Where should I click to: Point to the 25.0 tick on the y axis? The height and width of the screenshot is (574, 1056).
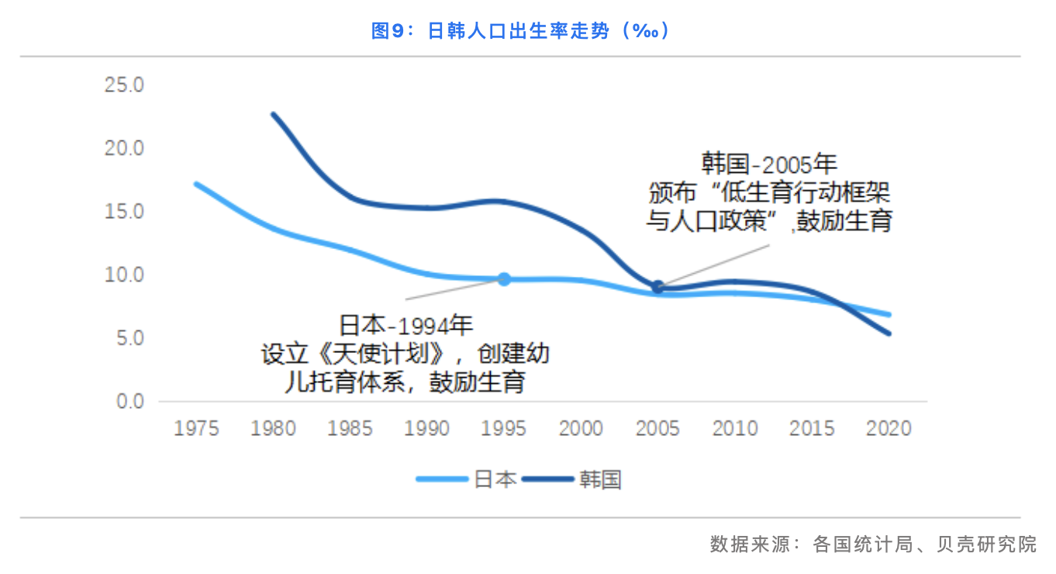click(x=125, y=85)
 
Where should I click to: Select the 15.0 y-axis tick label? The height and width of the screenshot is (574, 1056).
click(x=125, y=212)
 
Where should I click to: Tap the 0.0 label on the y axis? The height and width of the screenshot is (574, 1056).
click(x=129, y=402)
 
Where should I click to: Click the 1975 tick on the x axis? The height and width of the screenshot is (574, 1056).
click(x=196, y=428)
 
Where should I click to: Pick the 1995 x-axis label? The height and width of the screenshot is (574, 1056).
click(x=504, y=428)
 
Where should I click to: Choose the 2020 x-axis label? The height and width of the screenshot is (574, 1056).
click(x=889, y=428)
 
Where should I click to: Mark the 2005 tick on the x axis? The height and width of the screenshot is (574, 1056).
click(x=657, y=428)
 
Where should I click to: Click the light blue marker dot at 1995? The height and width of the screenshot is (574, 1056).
click(x=504, y=279)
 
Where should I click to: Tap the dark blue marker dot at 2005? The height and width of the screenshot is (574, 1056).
click(x=657, y=287)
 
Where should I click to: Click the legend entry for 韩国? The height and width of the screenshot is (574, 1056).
click(x=574, y=479)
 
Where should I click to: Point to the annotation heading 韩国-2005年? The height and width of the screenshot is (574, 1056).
click(x=769, y=164)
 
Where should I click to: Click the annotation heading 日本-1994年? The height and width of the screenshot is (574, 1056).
click(x=405, y=324)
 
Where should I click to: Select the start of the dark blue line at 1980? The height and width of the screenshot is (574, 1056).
click(x=273, y=115)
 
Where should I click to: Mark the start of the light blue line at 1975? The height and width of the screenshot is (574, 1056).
click(x=196, y=184)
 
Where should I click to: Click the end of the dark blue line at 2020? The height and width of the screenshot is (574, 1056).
click(x=889, y=334)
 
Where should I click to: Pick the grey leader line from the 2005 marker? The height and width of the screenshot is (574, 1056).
click(x=713, y=265)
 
